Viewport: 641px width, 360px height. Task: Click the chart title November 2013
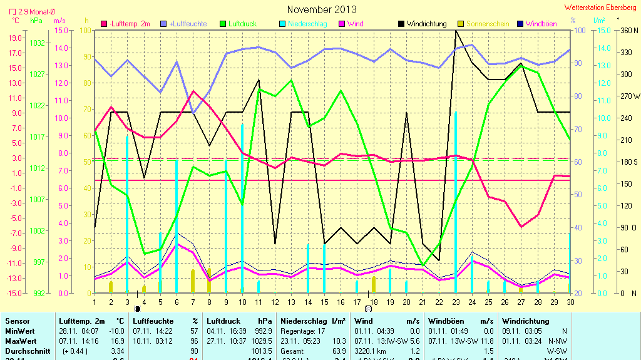[322, 9]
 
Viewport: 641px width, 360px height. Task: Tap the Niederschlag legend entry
[303, 24]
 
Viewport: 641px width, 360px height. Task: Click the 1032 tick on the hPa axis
[38, 43]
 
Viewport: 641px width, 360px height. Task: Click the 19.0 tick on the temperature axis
[16, 38]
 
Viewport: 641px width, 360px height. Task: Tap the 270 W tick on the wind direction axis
[629, 96]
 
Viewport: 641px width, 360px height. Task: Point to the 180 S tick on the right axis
[628, 162]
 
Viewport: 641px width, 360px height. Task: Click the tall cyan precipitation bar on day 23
[455, 200]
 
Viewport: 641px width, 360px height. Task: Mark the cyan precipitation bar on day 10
[242, 207]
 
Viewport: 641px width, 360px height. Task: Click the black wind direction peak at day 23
[456, 31]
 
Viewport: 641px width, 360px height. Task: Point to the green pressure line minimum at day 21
[423, 266]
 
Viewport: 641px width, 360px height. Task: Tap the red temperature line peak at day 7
[193, 91]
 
